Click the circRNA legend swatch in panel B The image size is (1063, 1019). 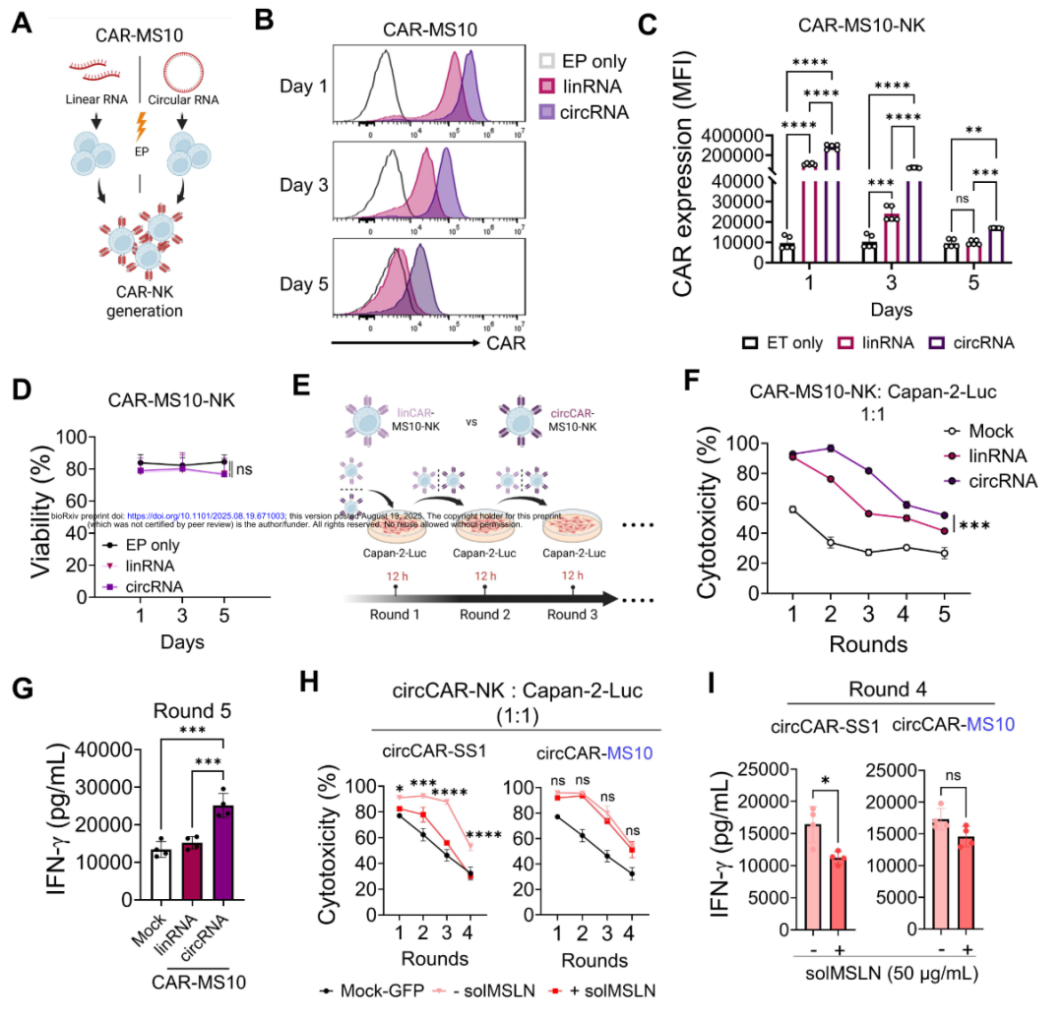(x=546, y=112)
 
